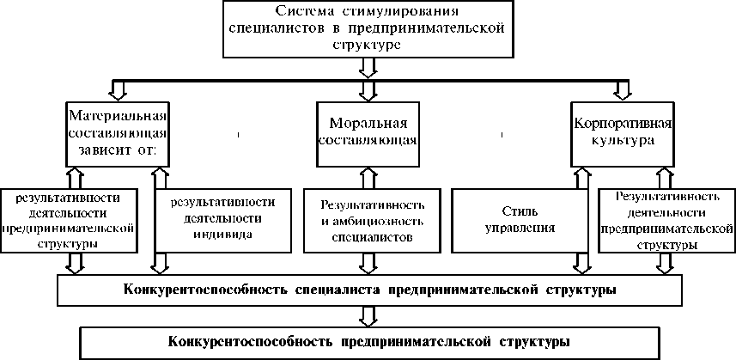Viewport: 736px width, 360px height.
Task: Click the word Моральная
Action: [368, 120]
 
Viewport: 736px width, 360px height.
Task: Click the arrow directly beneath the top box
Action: [368, 67]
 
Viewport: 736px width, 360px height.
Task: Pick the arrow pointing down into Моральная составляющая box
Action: [368, 89]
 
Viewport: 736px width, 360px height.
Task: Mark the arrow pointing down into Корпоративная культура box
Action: [621, 89]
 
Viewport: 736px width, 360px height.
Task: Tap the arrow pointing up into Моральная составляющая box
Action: [368, 176]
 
